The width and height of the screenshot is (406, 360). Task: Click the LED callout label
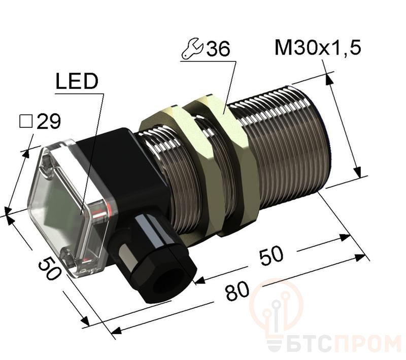[x=76, y=82]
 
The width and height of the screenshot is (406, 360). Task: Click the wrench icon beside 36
[x=192, y=49]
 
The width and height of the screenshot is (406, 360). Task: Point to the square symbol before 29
[x=25, y=121]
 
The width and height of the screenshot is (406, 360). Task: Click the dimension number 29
[x=49, y=121]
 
